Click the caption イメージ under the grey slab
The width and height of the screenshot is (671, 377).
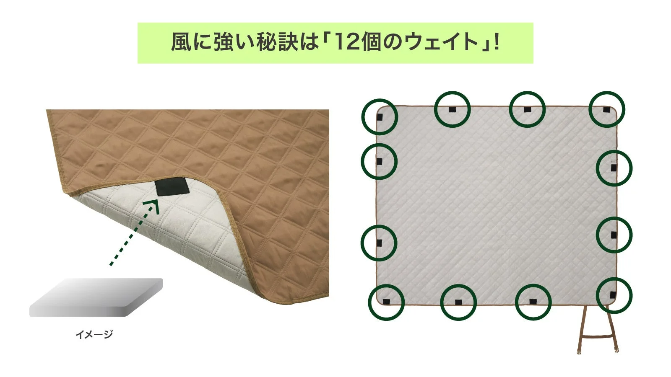point(94,334)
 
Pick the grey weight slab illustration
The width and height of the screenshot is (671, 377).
point(96,297)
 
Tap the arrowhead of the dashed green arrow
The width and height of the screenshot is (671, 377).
point(153,205)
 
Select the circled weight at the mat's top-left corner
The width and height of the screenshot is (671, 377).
point(379,117)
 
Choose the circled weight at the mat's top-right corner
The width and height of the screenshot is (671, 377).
point(606,109)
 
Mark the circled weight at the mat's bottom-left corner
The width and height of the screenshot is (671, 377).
point(386,302)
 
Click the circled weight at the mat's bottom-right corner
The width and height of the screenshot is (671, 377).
point(614,295)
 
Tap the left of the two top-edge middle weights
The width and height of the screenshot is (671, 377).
point(452,109)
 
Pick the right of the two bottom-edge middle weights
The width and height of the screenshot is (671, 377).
point(533,302)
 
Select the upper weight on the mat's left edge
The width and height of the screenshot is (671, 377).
point(379,161)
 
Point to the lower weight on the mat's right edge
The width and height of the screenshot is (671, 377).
point(614,235)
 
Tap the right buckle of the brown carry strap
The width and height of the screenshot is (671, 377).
point(616,349)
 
